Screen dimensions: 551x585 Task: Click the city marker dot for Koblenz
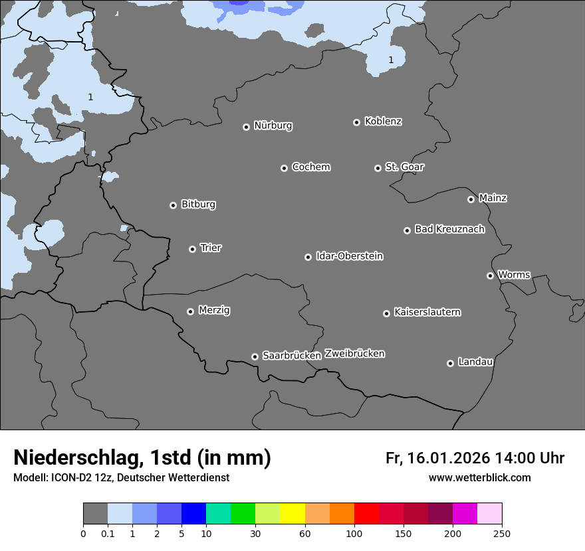click(357, 122)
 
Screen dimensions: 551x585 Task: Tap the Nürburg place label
click(273, 125)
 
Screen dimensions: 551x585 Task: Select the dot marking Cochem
click(284, 168)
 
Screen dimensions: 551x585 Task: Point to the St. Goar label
click(404, 167)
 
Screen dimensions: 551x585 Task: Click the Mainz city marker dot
click(471, 199)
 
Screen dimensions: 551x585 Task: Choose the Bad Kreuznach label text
click(449, 229)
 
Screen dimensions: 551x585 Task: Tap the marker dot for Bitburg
click(174, 205)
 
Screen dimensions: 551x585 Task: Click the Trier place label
click(211, 248)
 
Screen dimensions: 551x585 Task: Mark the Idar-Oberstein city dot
click(308, 257)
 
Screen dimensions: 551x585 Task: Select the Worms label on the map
click(514, 274)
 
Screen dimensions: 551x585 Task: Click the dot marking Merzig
click(191, 311)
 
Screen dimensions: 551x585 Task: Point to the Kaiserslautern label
click(427, 312)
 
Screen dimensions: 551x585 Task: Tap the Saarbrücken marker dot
click(255, 356)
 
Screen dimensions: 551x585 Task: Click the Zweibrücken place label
click(354, 354)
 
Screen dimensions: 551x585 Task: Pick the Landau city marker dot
click(450, 363)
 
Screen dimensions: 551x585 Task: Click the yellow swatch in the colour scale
click(292, 514)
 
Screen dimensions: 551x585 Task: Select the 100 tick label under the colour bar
click(354, 533)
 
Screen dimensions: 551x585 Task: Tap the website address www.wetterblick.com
click(480, 478)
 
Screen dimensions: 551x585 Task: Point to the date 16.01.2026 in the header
click(447, 458)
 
